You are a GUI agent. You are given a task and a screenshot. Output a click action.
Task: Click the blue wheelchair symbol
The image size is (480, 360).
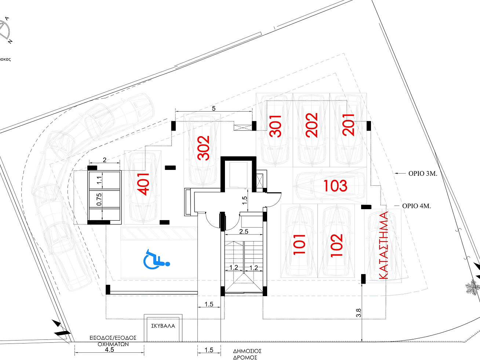156,259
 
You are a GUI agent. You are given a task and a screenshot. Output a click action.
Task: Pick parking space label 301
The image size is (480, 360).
275,126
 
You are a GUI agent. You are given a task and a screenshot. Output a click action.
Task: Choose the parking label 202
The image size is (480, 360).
312,125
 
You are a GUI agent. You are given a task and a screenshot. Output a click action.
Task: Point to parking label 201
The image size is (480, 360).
348,125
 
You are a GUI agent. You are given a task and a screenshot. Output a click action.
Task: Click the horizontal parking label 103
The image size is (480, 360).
335,186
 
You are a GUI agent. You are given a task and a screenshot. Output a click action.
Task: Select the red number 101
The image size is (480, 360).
299,244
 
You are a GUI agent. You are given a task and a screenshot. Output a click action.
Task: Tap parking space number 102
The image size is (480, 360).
336,245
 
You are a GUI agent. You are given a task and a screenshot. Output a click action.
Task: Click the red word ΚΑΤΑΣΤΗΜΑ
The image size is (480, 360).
383,245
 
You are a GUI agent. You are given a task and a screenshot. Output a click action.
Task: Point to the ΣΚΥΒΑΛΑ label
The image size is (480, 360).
163,326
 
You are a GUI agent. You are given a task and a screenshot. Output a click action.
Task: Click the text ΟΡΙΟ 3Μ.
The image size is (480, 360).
423,174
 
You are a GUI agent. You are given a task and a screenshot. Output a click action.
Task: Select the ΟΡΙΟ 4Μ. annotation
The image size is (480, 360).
417,206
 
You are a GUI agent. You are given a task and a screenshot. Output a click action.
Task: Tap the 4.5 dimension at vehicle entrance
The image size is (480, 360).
109,350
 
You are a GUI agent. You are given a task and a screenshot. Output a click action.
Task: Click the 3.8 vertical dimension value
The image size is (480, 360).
359,313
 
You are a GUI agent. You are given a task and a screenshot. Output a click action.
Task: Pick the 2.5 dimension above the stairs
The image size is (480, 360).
244,232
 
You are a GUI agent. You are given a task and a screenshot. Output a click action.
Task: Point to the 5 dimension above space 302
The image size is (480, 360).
214,108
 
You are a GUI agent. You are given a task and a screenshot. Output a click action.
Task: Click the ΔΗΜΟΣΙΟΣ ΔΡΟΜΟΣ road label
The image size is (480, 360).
247,354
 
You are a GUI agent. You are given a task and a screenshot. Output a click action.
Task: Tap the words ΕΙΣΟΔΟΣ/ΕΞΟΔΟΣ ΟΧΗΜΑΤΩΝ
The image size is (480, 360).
113,341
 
